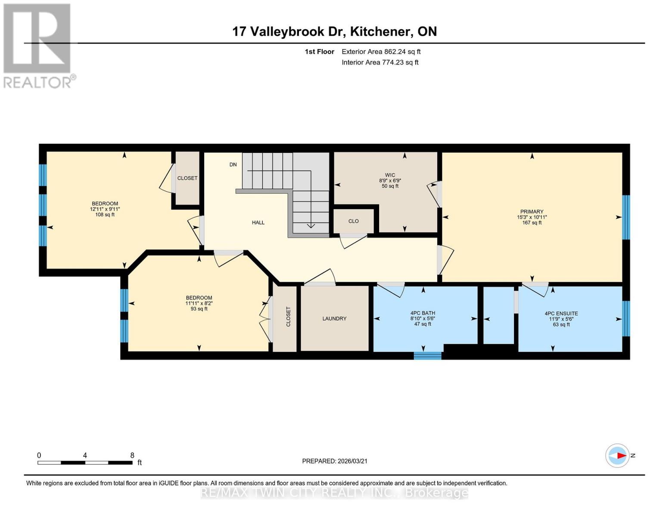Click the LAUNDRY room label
coord(334,319)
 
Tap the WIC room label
coord(390,175)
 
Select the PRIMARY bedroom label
coord(532,212)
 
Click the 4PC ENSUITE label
coord(561,314)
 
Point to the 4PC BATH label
coord(423,313)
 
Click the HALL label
coord(258,223)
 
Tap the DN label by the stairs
coord(233,165)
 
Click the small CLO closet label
coord(353,221)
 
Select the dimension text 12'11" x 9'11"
coord(105,209)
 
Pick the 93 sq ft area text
coord(199,309)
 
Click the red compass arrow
coord(621,455)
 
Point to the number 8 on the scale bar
coord(132,455)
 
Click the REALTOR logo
coord(38,46)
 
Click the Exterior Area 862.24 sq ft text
coord(381,52)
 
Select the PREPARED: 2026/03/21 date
coord(335,461)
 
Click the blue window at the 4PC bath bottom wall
coord(427,355)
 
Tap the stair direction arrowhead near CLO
coord(311,226)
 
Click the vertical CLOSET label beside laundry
coord(288,317)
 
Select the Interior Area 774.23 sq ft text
coord(380,62)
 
